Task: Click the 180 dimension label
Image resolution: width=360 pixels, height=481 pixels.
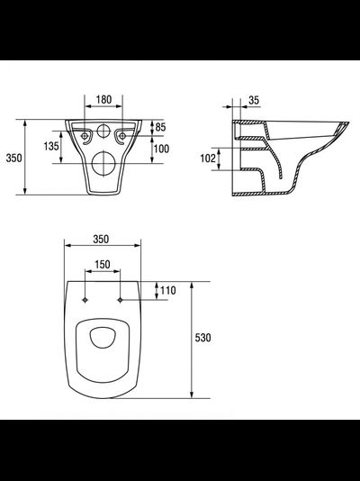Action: point(103,99)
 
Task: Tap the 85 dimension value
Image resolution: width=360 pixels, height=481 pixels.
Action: point(160,127)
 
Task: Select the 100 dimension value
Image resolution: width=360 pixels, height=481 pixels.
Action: point(161,149)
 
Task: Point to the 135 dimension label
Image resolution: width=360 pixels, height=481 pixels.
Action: point(51,146)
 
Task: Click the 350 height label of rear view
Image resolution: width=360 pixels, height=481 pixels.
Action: point(14,158)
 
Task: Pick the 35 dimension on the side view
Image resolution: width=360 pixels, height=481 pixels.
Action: point(254,100)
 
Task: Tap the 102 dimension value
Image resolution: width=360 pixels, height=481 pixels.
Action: point(208,159)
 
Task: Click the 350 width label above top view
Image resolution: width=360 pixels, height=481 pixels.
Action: point(101,239)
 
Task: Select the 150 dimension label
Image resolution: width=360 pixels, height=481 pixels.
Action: point(103,265)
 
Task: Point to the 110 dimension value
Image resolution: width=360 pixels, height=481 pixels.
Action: point(168,291)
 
